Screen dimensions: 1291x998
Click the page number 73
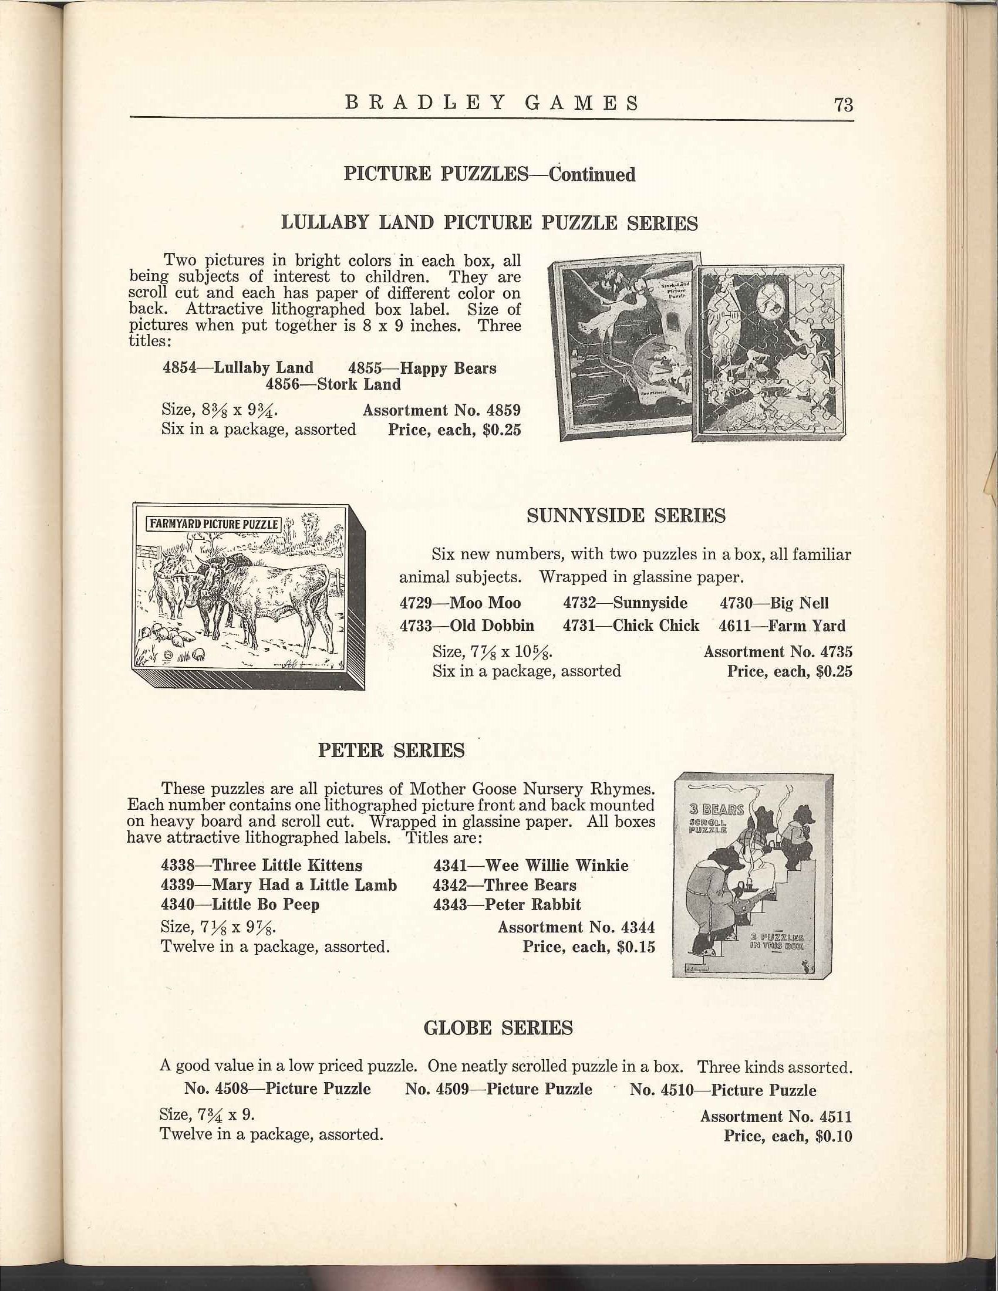[843, 104]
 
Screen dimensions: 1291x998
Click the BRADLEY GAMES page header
[492, 103]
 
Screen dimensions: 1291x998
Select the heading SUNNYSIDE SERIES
[626, 516]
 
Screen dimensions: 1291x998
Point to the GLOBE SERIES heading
[498, 1028]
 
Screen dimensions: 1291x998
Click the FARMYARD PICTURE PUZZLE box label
[213, 523]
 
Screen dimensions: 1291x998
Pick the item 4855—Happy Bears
[422, 368]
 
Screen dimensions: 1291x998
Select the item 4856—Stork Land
[333, 384]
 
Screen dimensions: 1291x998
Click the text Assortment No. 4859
[441, 410]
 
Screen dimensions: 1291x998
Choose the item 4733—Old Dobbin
[467, 626]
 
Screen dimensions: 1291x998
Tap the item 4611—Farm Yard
[781, 626]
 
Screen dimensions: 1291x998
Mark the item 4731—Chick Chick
[631, 626]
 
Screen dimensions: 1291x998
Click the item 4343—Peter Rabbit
[507, 904]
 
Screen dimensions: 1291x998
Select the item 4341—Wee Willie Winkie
[530, 866]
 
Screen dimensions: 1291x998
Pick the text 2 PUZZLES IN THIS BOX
[776, 941]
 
